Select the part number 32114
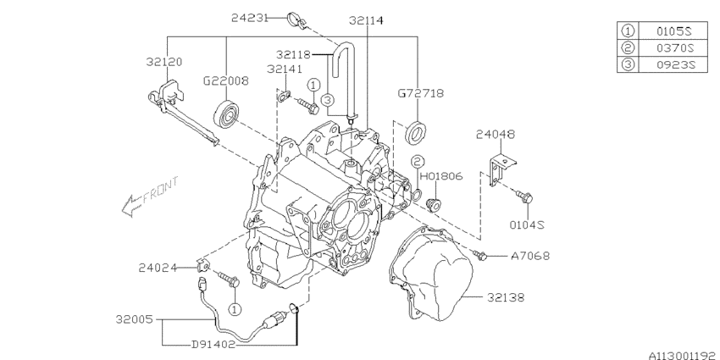pyautogui.click(x=365, y=19)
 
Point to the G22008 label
pyautogui.click(x=225, y=81)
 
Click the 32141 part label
pyautogui.click(x=285, y=69)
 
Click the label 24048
pyautogui.click(x=496, y=134)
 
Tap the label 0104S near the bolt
pyautogui.click(x=526, y=224)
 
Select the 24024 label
pyautogui.click(x=158, y=269)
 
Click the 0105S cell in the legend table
pyautogui.click(x=674, y=31)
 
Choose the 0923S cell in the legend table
pyautogui.click(x=674, y=65)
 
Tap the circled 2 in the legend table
pyautogui.click(x=628, y=48)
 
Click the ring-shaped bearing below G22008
pyautogui.click(x=226, y=113)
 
